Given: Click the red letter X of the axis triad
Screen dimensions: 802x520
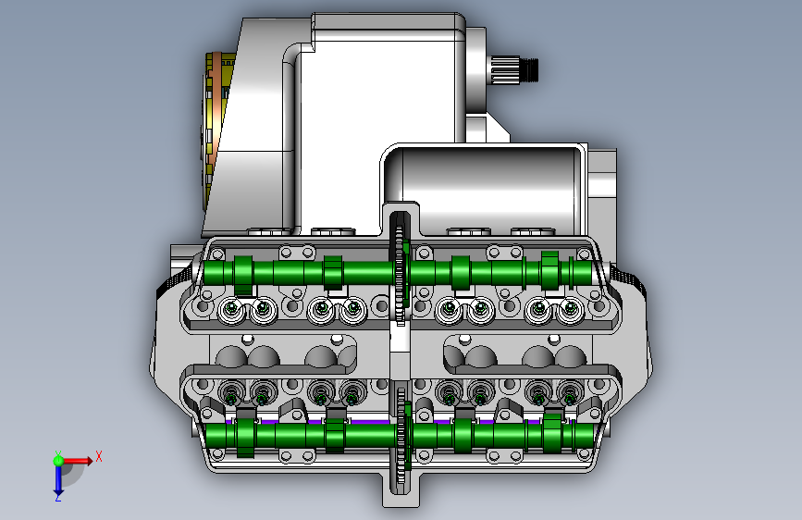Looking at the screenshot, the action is (99, 456).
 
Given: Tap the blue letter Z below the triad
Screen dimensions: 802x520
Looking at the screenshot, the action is (58, 498).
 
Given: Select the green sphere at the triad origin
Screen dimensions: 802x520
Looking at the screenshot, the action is (58, 461).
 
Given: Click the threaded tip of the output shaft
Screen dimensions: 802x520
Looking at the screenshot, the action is (529, 69).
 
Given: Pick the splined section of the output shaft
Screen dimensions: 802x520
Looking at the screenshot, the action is (505, 69).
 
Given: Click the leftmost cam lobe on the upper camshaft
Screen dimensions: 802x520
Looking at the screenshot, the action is (244, 275).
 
